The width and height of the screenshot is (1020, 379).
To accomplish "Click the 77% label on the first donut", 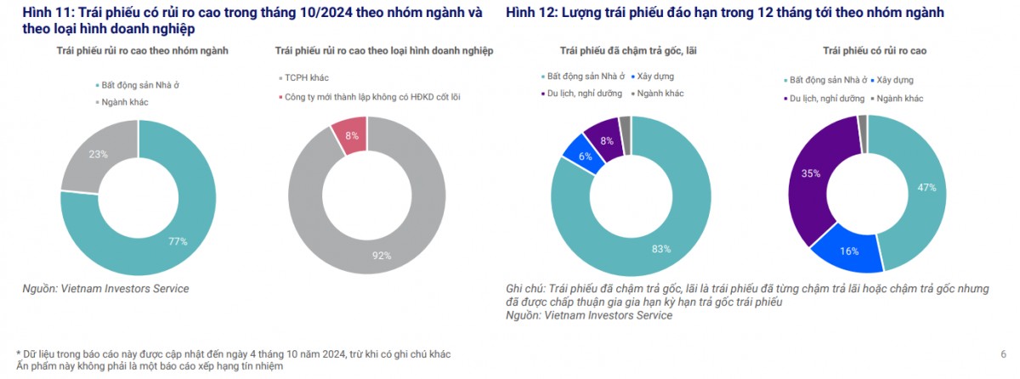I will (x=178, y=241).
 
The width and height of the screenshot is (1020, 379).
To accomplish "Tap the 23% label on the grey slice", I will (x=98, y=155).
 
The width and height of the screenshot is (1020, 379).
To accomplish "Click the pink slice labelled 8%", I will (x=351, y=136).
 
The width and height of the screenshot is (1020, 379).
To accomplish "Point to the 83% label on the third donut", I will (x=661, y=249).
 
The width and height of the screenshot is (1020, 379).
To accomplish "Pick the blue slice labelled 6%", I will (x=585, y=156).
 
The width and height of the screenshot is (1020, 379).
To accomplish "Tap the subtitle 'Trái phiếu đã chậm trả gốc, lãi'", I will (x=628, y=51).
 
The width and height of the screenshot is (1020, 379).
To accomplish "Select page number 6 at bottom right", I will (x=1003, y=354).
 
